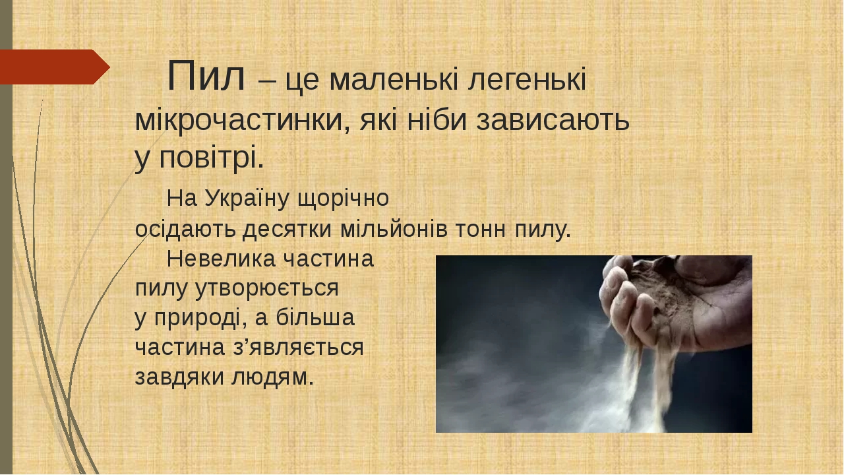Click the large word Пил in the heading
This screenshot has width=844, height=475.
pyautogui.click(x=206, y=76)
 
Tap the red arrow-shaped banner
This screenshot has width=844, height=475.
pyautogui.click(x=55, y=67)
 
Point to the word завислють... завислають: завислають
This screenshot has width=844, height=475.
pyautogui.click(x=553, y=121)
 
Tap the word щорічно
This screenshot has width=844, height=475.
pyautogui.click(x=344, y=199)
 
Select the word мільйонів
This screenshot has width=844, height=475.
pyautogui.click(x=394, y=229)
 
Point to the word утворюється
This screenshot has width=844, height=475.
pyautogui.click(x=267, y=289)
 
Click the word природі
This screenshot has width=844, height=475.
pyautogui.click(x=200, y=319)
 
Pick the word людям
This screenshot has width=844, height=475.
pyautogui.click(x=272, y=377)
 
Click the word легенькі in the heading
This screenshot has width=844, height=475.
pyautogui.click(x=527, y=80)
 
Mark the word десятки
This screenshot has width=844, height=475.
pyautogui.click(x=287, y=230)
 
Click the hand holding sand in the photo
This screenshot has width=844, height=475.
pyautogui.click(x=675, y=301)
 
